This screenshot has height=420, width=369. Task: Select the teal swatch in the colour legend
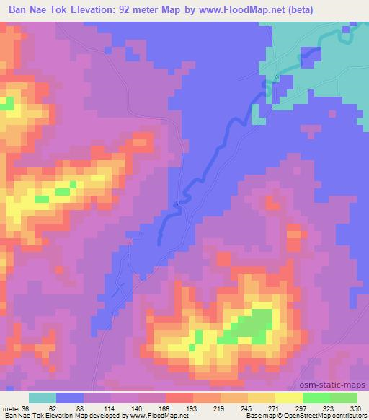pyautogui.click(x=43, y=398)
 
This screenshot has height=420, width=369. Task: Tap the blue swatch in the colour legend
pyautogui.click(x=70, y=398)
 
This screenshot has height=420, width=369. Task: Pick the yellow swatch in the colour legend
pyautogui.click(x=262, y=398)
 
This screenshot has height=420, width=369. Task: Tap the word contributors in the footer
pyautogui.click(x=347, y=416)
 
